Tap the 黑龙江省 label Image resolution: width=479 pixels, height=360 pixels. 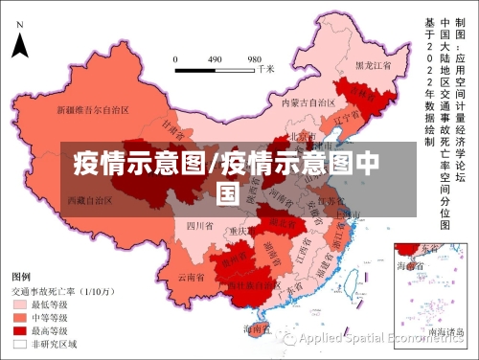point(374,66)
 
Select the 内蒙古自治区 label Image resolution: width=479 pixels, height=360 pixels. point(308,101)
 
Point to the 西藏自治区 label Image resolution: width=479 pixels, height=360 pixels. point(90,200)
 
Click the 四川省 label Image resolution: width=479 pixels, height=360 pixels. point(198,226)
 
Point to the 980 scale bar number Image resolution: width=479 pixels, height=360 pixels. point(255,58)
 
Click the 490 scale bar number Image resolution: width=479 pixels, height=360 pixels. point(215,58)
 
